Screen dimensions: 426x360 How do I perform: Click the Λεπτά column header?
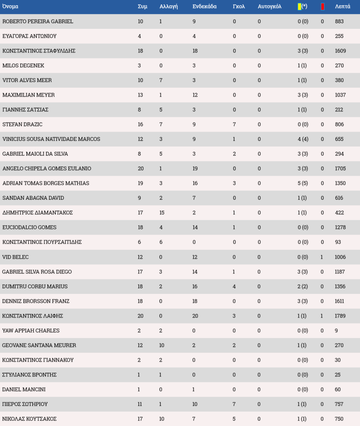click(x=342, y=6)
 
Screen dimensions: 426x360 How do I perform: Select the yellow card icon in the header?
click(x=300, y=6)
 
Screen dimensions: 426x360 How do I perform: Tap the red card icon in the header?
click(x=322, y=6)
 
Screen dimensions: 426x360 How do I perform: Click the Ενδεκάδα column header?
click(x=204, y=6)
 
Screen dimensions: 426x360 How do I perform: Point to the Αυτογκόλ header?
click(x=270, y=6)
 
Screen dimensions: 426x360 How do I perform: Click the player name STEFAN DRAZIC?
click(x=22, y=125)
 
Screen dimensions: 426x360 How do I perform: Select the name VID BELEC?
click(x=16, y=257)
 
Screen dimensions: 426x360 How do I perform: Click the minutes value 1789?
click(x=340, y=316)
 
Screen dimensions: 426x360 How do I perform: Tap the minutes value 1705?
click(x=340, y=169)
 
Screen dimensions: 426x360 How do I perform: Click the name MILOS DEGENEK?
click(x=23, y=66)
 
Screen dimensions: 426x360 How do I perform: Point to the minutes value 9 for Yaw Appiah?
click(x=336, y=331)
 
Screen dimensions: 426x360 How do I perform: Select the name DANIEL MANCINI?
click(x=24, y=390)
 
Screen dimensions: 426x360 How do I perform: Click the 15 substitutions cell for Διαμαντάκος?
click(x=162, y=213)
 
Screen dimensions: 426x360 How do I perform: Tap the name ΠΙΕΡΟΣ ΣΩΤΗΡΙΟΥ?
click(x=25, y=404)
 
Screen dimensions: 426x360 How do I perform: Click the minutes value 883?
click(x=339, y=21)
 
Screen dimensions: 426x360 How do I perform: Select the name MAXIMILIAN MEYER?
click(x=29, y=95)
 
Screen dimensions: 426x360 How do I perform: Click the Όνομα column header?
click(x=10, y=6)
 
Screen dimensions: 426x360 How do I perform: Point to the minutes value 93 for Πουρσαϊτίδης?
click(x=338, y=242)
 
